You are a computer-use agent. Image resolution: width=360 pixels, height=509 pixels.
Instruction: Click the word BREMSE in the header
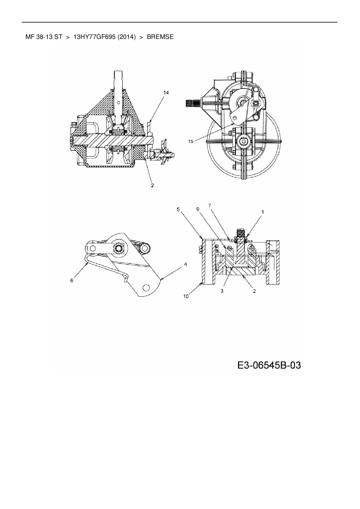[x=160, y=37]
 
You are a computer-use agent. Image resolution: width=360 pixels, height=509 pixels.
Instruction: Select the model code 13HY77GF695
[x=95, y=37]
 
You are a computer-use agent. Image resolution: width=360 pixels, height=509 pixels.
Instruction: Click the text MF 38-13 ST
[x=44, y=37]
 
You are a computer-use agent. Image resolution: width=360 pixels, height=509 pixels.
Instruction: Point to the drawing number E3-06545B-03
[x=269, y=365]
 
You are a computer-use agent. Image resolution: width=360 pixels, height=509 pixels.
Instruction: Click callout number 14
[x=166, y=93]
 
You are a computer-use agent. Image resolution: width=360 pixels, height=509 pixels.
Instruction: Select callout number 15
[x=190, y=141]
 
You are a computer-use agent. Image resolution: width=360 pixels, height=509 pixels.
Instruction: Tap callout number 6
[x=72, y=280]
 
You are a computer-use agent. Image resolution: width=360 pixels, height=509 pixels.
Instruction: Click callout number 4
[x=185, y=264]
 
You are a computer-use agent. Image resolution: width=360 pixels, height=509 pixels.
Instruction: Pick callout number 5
[x=178, y=209]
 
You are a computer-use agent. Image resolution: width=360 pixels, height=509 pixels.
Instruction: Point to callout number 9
[x=198, y=209]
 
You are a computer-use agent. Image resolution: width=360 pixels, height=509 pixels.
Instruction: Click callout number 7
[x=209, y=205]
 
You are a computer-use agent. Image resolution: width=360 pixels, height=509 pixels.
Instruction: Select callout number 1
[x=262, y=212]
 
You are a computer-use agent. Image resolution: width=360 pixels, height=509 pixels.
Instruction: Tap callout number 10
[x=186, y=296]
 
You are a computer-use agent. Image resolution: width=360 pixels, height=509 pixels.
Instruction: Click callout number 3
[x=222, y=291]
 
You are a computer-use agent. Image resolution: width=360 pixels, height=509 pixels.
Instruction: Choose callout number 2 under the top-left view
[x=152, y=185]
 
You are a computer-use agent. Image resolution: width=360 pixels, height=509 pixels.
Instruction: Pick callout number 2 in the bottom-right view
[x=254, y=291]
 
